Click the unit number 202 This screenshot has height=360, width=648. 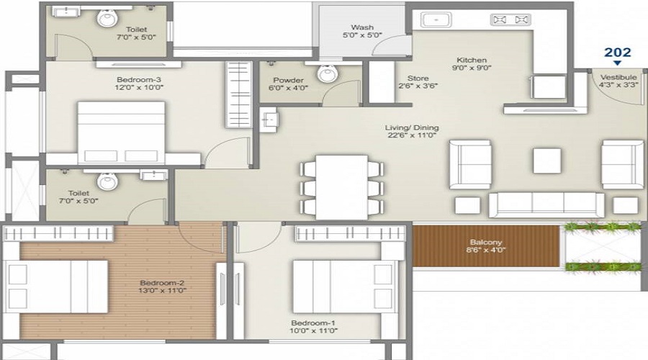(x=618, y=53)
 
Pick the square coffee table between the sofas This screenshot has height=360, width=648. (x=547, y=160)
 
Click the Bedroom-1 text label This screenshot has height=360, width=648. (x=313, y=326)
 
